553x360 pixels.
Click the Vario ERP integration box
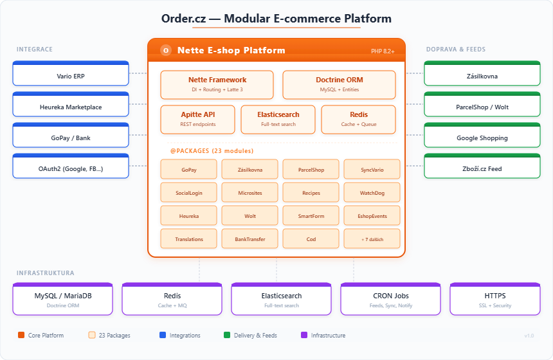(x=71, y=75)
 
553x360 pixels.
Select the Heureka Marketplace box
(x=71, y=105)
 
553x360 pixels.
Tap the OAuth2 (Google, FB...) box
(x=71, y=167)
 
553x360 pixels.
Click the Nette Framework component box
(x=217, y=84)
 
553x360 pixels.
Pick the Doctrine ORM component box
(x=339, y=84)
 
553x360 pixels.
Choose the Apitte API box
(x=197, y=119)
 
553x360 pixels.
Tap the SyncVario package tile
(x=372, y=170)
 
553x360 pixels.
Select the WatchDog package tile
(x=372, y=193)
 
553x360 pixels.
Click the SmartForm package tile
(x=311, y=216)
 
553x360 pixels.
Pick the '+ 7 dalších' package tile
(x=372, y=239)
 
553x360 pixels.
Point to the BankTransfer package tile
(x=249, y=239)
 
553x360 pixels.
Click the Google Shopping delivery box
(x=482, y=136)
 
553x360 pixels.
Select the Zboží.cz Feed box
(x=482, y=167)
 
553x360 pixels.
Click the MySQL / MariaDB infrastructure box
(x=62, y=299)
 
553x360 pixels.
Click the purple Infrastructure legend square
(x=304, y=335)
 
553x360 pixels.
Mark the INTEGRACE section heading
(x=35, y=50)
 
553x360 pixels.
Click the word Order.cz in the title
(x=186, y=19)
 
